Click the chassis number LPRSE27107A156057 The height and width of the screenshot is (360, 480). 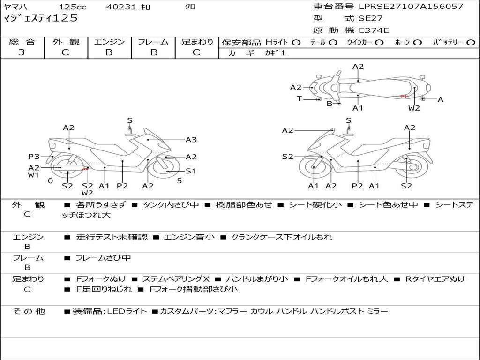(x=411, y=6)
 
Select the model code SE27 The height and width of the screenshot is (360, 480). (x=371, y=18)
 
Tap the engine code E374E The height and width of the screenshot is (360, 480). (x=374, y=30)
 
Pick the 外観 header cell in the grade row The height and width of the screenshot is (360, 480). (x=66, y=42)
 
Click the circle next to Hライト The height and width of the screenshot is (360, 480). (x=296, y=43)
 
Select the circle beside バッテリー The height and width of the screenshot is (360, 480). (x=471, y=43)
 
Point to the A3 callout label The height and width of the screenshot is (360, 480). (x=191, y=140)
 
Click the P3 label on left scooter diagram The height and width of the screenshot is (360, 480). (x=34, y=157)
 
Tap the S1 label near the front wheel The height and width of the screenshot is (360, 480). (x=191, y=171)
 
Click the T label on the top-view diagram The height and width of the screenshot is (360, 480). (x=299, y=98)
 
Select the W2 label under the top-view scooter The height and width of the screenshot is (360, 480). (x=414, y=108)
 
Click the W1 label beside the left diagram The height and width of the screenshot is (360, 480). (x=33, y=175)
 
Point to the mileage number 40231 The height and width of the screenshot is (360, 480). (x=121, y=7)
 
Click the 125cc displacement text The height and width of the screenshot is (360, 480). (x=73, y=7)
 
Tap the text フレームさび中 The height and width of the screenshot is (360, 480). (x=103, y=258)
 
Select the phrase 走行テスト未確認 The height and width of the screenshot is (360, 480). (x=112, y=237)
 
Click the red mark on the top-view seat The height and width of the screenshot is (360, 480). (x=404, y=97)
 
